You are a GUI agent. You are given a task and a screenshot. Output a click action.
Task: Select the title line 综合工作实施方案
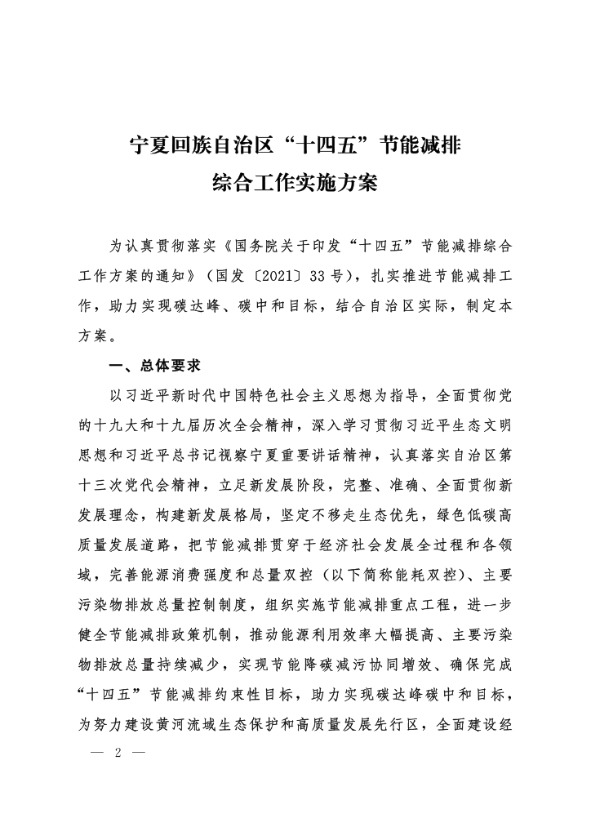[295, 182]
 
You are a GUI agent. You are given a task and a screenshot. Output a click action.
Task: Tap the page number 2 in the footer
[119, 752]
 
